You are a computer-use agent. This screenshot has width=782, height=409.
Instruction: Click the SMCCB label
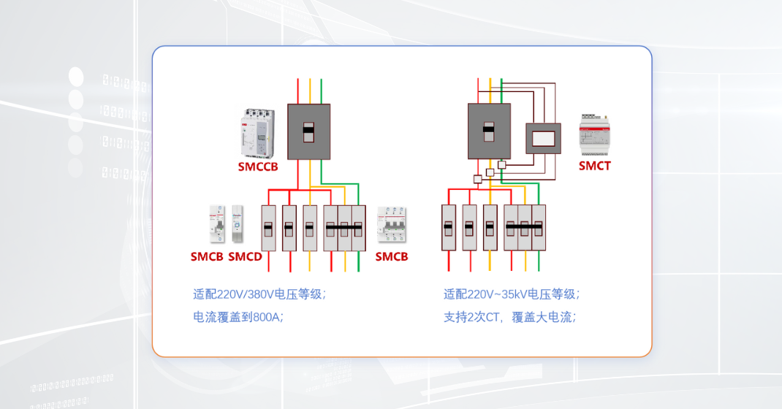[258, 167]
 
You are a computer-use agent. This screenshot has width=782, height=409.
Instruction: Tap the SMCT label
[594, 166]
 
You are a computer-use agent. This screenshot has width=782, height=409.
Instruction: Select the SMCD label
[245, 257]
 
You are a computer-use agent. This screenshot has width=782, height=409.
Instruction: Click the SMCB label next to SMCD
[207, 257]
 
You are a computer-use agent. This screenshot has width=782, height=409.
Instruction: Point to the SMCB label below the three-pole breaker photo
[392, 257]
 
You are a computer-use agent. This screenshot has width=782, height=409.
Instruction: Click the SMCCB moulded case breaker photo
[257, 133]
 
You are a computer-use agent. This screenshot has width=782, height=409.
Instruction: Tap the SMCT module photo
[594, 134]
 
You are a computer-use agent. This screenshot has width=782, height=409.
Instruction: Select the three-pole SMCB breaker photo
[391, 225]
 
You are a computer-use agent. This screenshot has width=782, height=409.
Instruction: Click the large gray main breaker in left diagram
[308, 131]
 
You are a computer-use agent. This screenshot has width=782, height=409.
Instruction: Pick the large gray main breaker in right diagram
[489, 131]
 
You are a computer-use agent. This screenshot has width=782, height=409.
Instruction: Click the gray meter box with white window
[543, 138]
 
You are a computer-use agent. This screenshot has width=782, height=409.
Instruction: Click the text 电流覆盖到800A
[238, 317]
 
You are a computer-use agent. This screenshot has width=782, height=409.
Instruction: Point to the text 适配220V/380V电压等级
[259, 294]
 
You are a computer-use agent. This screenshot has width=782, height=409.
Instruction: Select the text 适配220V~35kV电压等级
[512, 294]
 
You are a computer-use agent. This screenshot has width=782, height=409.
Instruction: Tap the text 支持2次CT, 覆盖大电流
[510, 317]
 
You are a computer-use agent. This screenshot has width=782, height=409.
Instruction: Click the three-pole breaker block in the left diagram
[344, 228]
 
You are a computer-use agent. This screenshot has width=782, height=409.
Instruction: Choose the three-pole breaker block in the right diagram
[525, 228]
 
